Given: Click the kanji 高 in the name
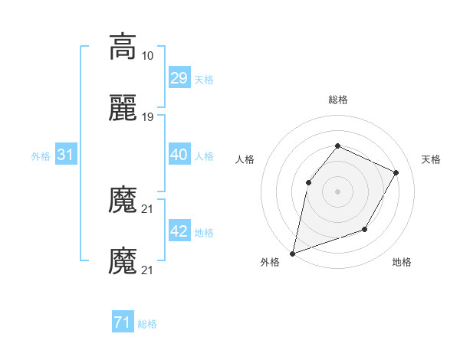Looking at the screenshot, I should point(123,47).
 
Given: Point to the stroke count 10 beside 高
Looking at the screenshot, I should point(148,56).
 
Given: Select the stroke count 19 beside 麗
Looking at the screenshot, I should point(148,116).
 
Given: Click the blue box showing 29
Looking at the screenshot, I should point(179,78).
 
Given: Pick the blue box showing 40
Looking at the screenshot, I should point(179,155).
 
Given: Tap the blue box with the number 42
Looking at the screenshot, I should point(179,231).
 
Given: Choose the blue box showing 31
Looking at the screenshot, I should point(66,155).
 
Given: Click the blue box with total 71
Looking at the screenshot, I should point(122,322).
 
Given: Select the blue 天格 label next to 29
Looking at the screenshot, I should point(204,79).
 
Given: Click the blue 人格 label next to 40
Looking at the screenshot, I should point(204,155).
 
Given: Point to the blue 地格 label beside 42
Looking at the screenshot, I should point(204,232).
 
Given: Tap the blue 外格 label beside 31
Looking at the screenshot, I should point(41,155).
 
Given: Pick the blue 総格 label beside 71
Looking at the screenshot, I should point(147,323).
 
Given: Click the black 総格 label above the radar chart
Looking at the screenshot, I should point(337,100).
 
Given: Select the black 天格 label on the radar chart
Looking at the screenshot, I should point(431,159).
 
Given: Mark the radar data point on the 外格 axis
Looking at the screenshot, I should point(292,253).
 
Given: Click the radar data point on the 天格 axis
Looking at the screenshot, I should point(396,172).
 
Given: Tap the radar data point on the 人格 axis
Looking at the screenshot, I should point(308,182).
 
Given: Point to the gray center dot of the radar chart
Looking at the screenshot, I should point(337,191).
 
